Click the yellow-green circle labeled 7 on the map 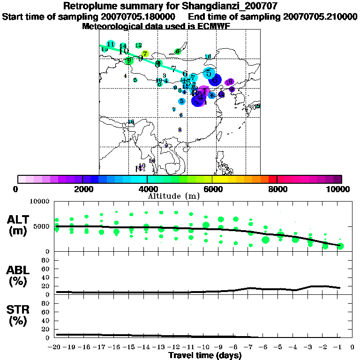[145, 54]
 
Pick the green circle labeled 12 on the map [139, 45]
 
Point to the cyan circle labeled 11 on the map [111, 44]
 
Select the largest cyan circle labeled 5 [209, 73]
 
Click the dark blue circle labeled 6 [215, 80]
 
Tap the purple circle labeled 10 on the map [222, 95]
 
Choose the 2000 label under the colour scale [82, 189]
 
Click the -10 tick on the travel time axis [205, 347]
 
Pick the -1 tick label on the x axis [339, 347]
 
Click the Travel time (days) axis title [205, 355]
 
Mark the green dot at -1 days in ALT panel [340, 246]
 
